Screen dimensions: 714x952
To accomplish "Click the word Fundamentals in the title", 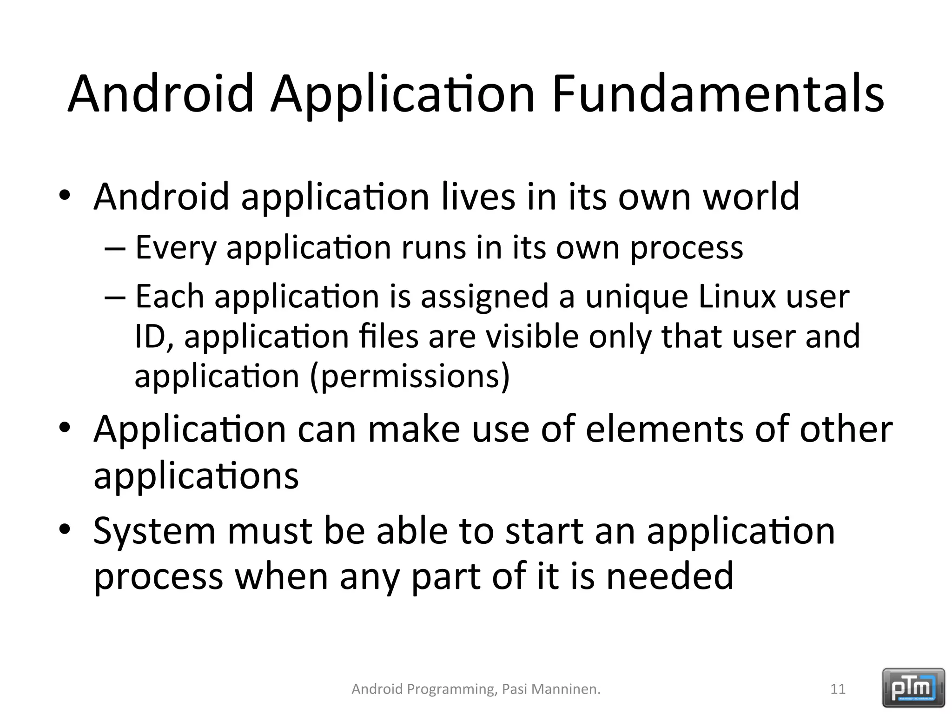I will [x=718, y=94].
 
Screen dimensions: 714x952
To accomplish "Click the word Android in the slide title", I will [x=161, y=94].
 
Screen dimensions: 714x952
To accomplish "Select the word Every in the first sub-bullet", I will [x=176, y=248].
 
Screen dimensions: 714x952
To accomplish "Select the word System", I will [x=154, y=531].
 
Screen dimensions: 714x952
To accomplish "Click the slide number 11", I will [x=838, y=689].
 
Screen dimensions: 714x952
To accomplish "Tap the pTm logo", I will [x=913, y=688].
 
